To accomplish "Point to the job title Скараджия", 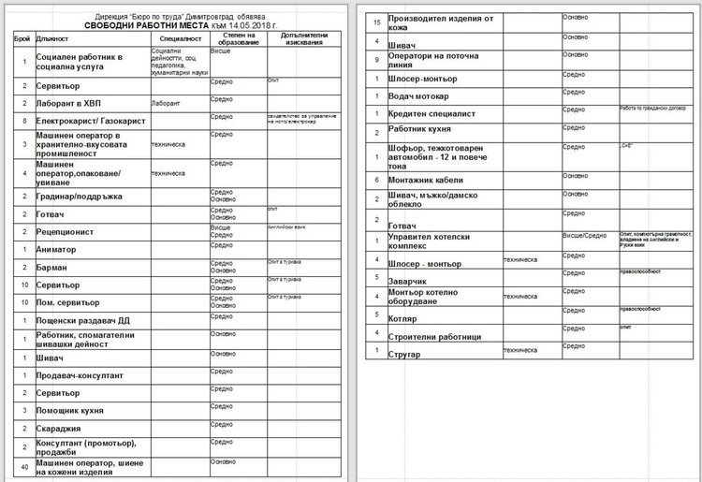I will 62,428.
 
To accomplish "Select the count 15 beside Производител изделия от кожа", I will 375,21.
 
